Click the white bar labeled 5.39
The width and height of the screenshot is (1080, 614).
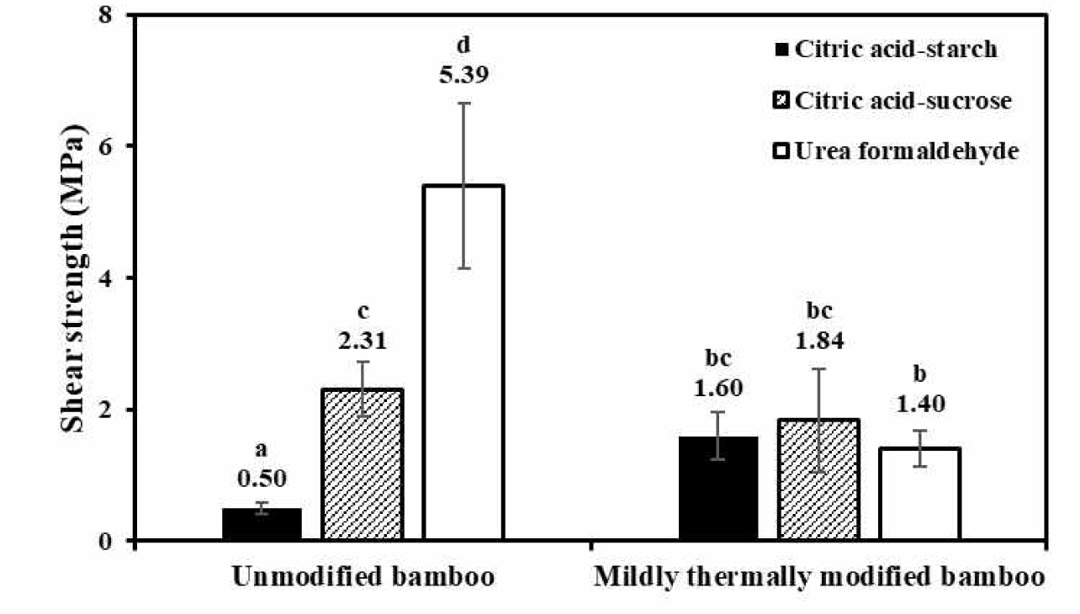pos(463,362)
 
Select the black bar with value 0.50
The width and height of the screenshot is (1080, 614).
pos(262,524)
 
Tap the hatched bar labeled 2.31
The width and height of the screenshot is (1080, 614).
pos(363,464)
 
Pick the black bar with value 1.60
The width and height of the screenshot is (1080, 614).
pos(718,488)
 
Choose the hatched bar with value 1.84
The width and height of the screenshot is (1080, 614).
pos(818,479)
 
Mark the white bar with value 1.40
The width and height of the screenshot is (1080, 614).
pos(920,494)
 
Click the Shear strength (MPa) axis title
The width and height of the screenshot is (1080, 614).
pos(74,278)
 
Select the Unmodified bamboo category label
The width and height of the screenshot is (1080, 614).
pos(363,577)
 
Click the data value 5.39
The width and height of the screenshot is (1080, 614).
pos(463,75)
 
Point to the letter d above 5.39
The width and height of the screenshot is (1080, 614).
pos(463,45)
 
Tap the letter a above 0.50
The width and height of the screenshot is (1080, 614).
pos(261,450)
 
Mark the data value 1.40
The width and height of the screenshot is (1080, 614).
pos(920,405)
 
